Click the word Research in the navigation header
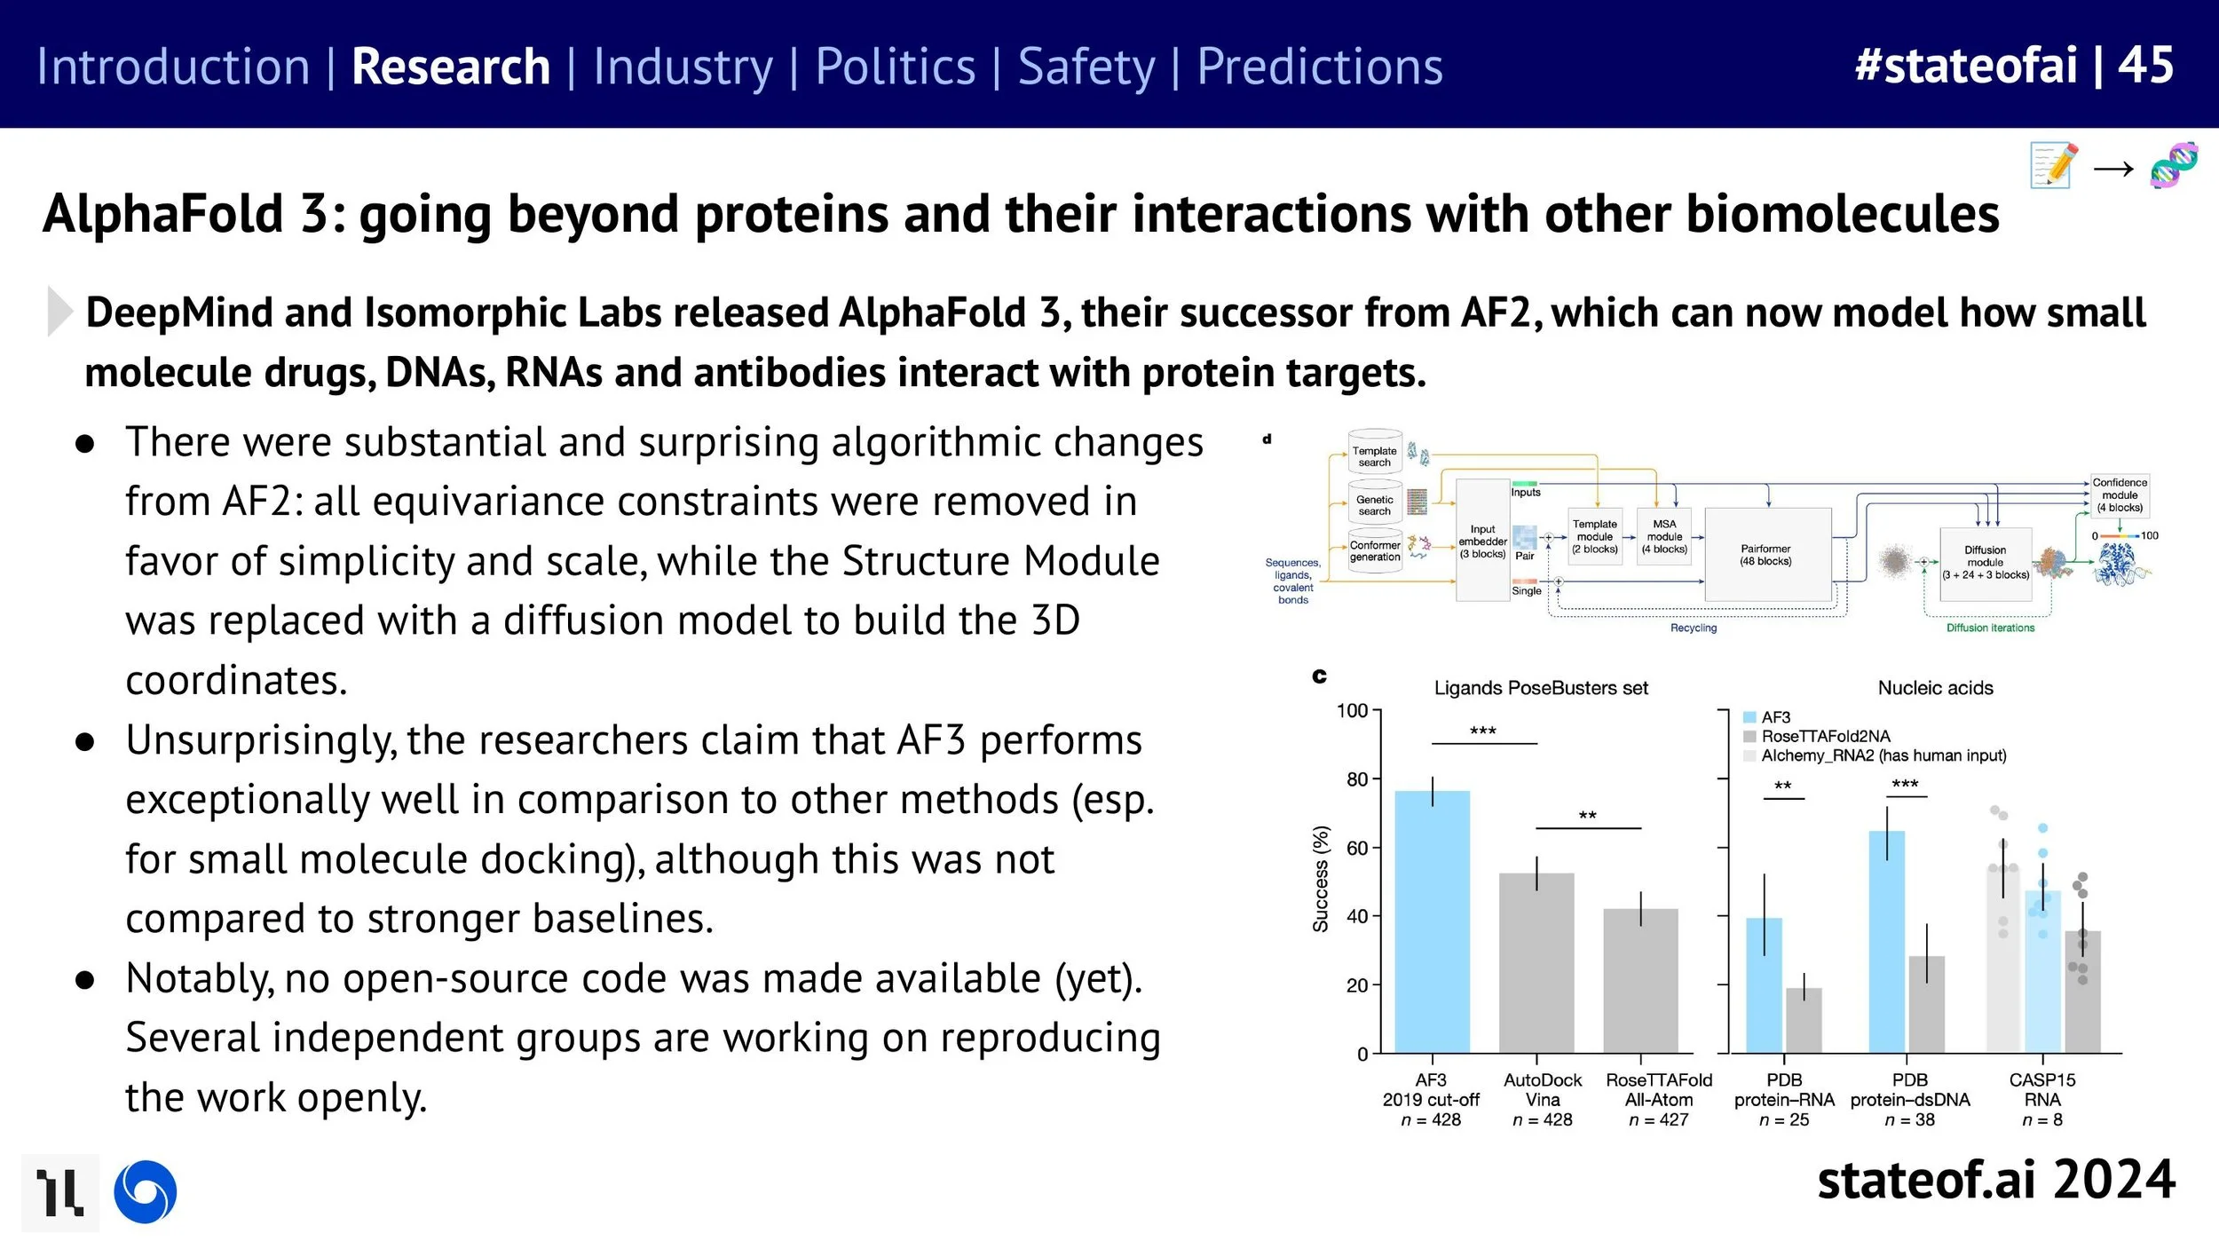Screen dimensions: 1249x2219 [450, 67]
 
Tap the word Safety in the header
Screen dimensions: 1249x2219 [1086, 67]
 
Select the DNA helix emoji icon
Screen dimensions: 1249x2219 [2174, 165]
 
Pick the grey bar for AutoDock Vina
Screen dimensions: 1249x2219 [1536, 962]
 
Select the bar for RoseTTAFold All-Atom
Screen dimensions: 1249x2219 [1640, 980]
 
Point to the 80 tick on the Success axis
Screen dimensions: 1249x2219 [1357, 779]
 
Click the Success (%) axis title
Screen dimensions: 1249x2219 [1321, 879]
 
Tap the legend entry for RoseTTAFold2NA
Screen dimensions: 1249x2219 [1825, 736]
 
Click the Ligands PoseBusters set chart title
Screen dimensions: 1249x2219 [1541, 688]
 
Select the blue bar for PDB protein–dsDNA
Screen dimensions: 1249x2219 [1886, 941]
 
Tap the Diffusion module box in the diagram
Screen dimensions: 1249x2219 [1985, 562]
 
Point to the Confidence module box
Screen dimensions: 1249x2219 [2120, 495]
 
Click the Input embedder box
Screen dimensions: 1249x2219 [1482, 541]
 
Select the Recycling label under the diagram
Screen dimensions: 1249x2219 [1694, 628]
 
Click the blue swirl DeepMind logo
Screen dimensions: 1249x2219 [146, 1191]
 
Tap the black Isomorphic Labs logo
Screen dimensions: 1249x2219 [59, 1192]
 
